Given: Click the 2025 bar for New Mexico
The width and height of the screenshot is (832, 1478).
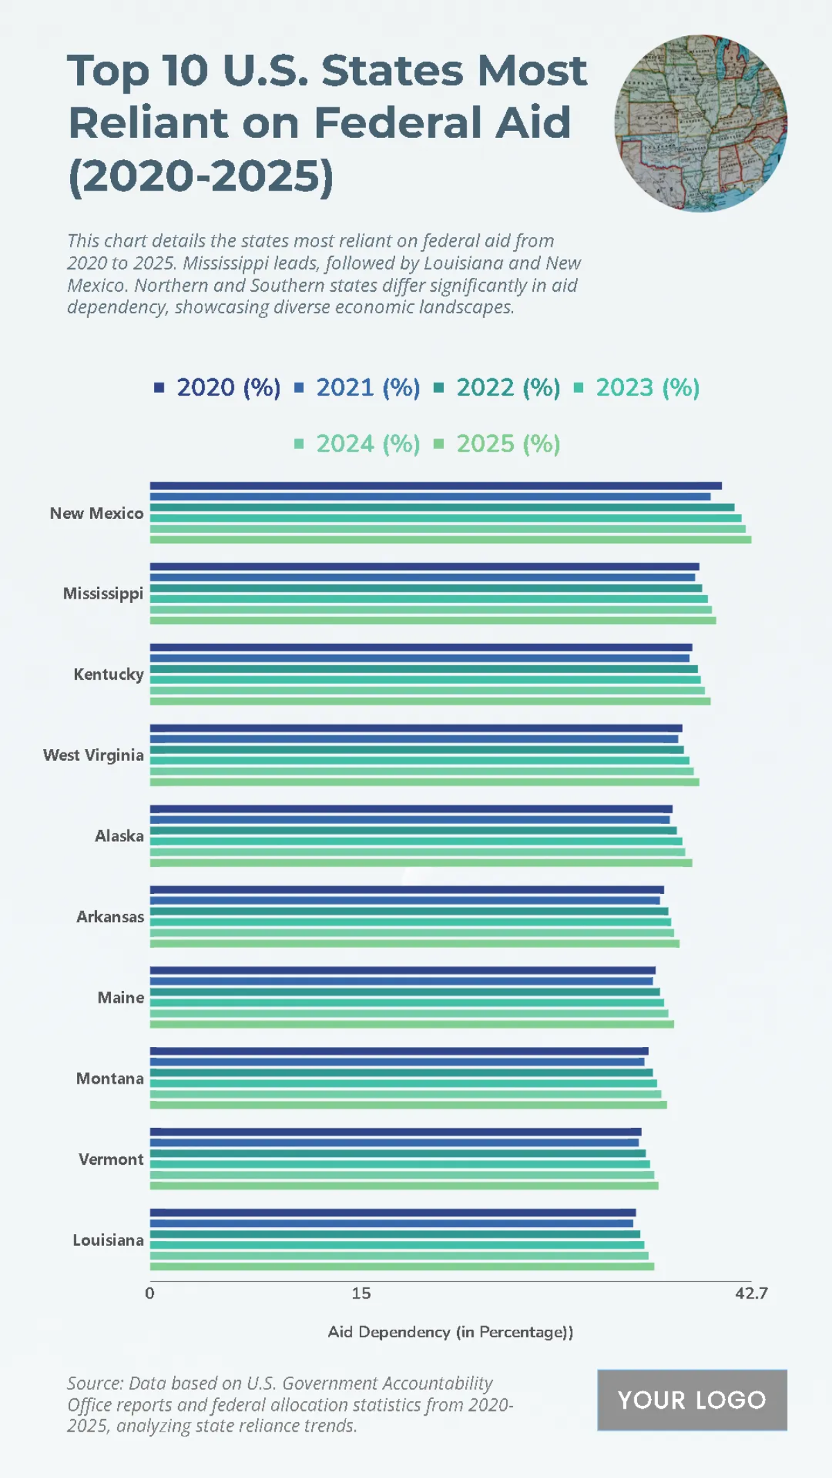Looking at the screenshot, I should coord(451,539).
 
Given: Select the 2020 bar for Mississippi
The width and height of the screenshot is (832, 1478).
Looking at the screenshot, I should coord(424,567).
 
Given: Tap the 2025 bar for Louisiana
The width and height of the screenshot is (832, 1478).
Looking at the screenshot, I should coord(402,1266).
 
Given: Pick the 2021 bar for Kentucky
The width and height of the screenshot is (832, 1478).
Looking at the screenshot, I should coord(419,658).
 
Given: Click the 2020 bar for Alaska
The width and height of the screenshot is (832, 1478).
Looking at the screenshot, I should coord(411,809).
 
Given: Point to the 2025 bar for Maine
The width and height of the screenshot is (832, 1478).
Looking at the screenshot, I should coord(412,1023).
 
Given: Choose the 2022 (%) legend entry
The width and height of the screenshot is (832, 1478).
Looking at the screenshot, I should coord(498,387).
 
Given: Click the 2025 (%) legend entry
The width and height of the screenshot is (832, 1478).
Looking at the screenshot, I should coord(498,443).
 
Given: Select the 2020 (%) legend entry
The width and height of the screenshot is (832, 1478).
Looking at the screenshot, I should coord(218,387).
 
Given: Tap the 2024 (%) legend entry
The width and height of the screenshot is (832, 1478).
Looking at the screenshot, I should coord(358,443).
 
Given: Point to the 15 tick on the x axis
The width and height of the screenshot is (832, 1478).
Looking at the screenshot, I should coord(361,1293).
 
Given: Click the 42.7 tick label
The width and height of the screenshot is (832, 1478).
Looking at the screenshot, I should coord(752,1293).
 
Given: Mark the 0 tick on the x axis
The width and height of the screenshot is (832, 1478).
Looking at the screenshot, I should coord(150,1293).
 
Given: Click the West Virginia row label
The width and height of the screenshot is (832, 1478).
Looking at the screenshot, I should coord(94,755).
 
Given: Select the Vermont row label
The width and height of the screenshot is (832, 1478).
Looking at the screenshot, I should coord(111,1159).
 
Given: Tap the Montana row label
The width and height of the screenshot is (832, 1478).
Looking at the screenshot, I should coord(110,1078).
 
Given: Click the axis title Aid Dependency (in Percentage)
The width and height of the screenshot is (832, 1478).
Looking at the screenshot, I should coord(450,1332).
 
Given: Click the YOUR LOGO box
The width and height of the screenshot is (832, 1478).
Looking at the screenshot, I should coord(692,1400).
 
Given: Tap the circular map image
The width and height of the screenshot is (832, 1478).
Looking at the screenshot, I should coord(700,123).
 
